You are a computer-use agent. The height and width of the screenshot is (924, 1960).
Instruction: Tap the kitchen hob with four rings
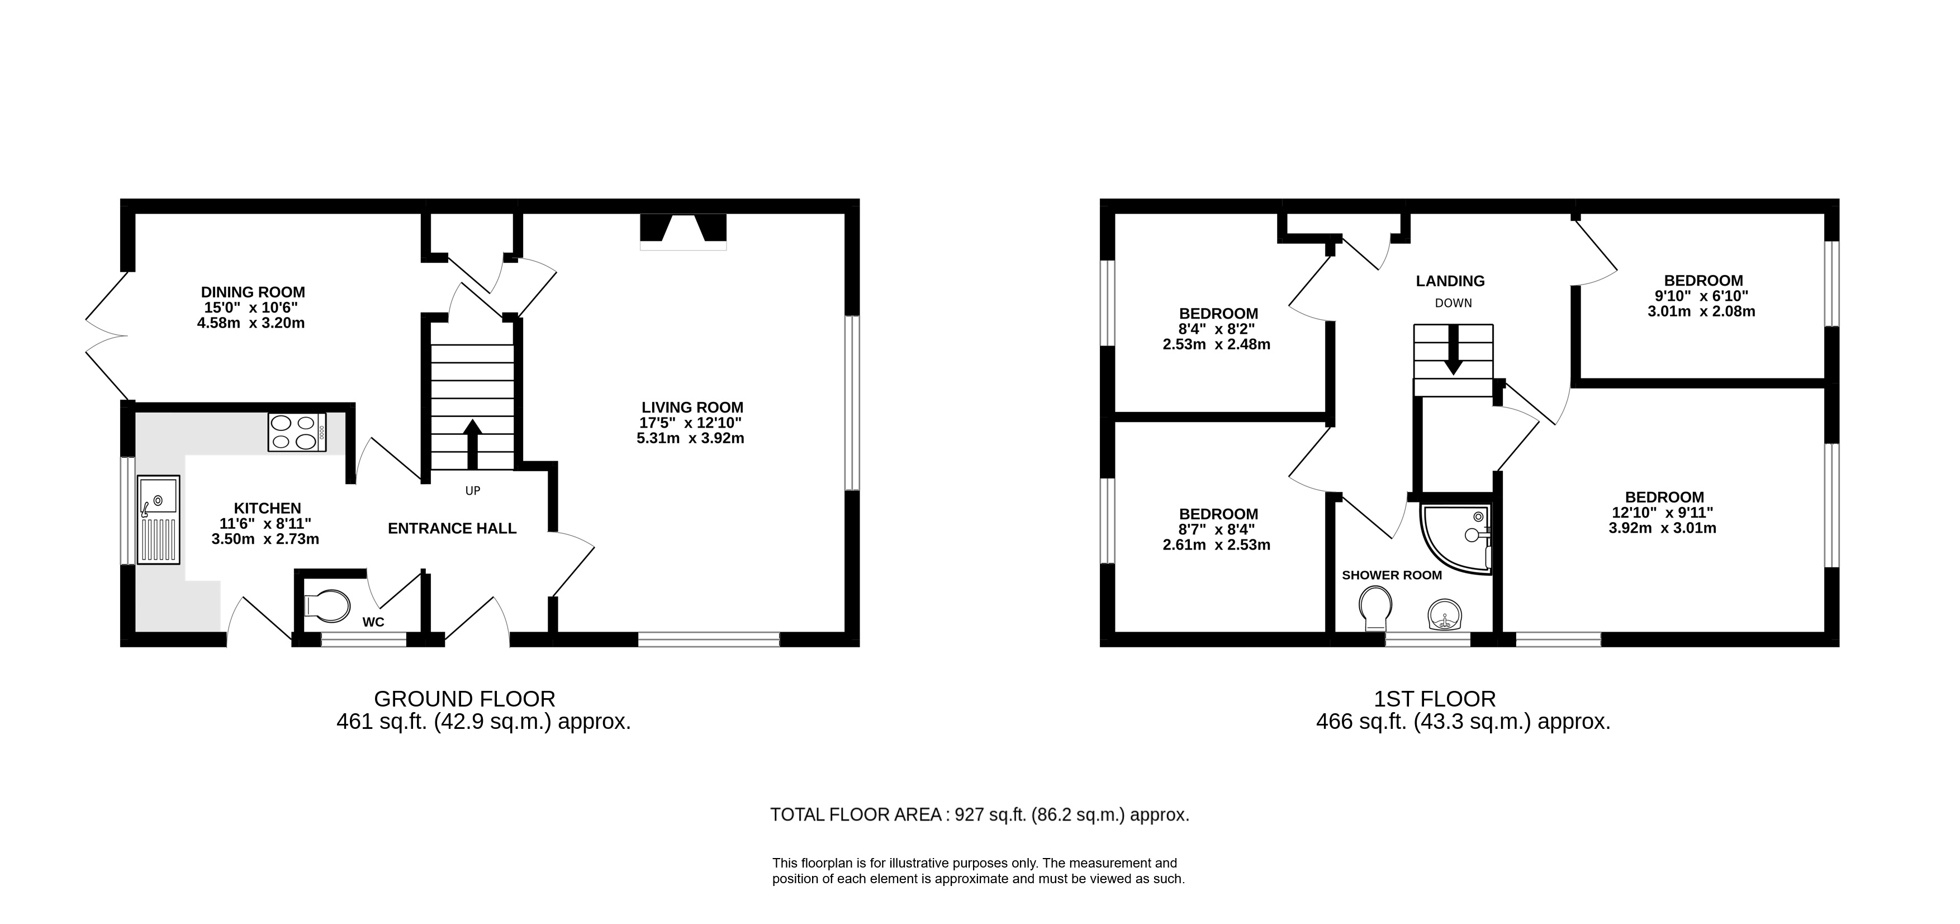coord(297,432)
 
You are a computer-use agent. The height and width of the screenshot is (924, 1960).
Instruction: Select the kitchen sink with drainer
coord(158,520)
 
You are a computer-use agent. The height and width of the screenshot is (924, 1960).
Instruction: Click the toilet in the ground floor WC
coord(327,606)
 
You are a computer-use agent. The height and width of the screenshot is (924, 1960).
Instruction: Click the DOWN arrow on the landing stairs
coord(1453,350)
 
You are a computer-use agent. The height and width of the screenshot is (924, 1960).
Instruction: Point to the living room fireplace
coord(684,231)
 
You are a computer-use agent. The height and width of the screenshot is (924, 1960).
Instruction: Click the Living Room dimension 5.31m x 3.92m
coord(690,438)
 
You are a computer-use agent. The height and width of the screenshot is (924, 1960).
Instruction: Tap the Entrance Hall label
coord(452,528)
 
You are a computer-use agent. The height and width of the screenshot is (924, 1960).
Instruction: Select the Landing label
coord(1450,281)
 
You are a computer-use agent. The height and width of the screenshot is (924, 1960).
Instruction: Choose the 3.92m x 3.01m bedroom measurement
coord(1663,528)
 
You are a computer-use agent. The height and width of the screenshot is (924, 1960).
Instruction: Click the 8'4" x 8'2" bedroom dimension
coord(1217,329)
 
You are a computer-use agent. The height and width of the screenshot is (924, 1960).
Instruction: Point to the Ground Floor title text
coord(465,699)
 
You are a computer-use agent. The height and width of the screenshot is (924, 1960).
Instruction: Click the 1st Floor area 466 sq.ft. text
coord(1463,722)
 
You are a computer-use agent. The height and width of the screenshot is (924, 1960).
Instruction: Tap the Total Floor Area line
coord(979,815)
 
